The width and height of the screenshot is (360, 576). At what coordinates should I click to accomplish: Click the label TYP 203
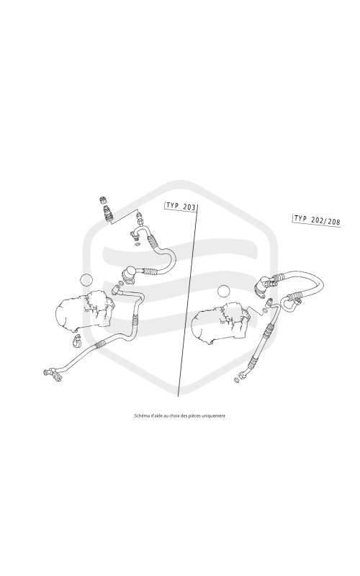[181, 206]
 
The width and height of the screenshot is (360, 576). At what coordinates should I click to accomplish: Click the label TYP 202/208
[317, 220]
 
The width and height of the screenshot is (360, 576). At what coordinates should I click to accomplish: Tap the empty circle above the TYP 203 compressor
[87, 280]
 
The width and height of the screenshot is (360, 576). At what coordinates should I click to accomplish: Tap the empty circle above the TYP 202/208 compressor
[223, 292]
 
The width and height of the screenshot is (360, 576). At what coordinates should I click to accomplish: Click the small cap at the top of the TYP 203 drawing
[103, 201]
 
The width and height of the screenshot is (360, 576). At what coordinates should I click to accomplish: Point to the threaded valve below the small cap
[108, 214]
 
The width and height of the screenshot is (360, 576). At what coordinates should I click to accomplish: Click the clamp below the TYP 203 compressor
[77, 341]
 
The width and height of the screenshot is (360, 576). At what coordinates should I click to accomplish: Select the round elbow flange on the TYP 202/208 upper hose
[263, 286]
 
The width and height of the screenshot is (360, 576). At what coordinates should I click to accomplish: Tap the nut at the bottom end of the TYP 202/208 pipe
[243, 375]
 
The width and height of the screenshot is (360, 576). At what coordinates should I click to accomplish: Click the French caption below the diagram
[180, 416]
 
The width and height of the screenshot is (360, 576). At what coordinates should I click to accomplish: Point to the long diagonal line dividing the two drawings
[188, 300]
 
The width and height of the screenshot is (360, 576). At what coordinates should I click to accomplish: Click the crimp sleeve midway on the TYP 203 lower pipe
[100, 344]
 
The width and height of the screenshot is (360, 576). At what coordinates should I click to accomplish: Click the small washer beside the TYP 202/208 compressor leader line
[266, 311]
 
